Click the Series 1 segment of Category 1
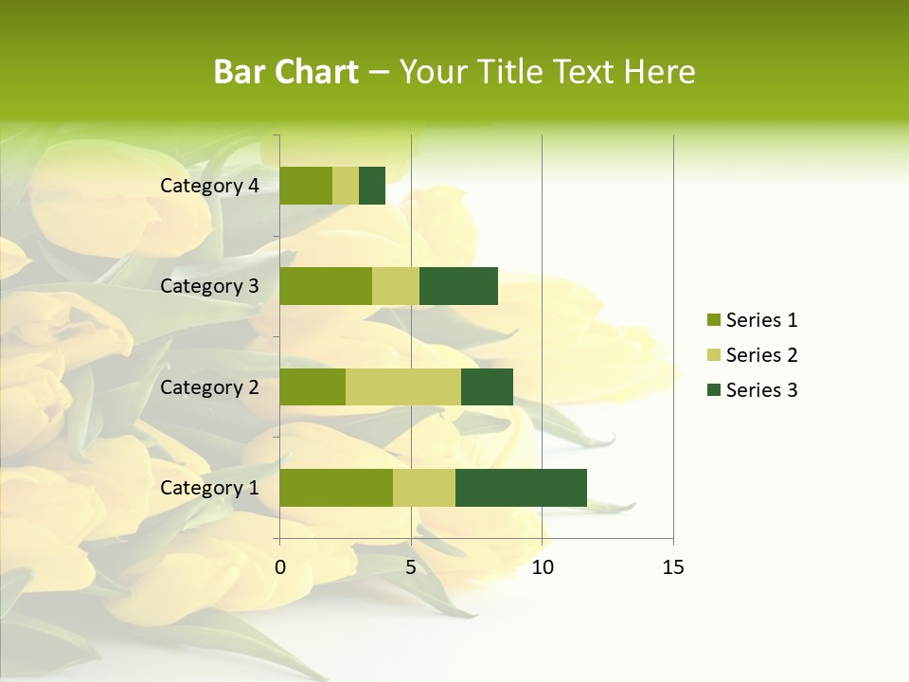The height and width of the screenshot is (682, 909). [336, 488]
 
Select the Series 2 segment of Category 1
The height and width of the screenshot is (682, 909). [424, 488]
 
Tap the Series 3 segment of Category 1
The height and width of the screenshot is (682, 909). [521, 488]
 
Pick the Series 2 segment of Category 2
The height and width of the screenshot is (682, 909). [403, 386]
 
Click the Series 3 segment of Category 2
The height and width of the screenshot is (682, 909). [487, 386]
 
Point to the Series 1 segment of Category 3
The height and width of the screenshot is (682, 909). [326, 286]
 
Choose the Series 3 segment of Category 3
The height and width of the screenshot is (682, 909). [458, 286]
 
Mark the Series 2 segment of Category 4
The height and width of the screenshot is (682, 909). [346, 186]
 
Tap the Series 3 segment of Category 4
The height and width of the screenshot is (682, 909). [372, 186]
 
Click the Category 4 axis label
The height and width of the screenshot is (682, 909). [209, 186]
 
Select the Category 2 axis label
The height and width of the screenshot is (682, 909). [209, 386]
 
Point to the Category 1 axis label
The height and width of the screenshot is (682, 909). [209, 488]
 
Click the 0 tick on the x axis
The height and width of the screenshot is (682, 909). [280, 567]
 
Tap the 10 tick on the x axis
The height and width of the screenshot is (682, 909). [542, 567]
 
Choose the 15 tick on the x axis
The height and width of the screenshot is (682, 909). [673, 567]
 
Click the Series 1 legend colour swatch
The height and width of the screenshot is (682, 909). [713, 320]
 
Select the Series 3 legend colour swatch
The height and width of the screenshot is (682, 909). [713, 390]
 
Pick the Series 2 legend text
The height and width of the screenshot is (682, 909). [761, 355]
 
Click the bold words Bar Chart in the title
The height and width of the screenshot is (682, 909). [286, 72]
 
